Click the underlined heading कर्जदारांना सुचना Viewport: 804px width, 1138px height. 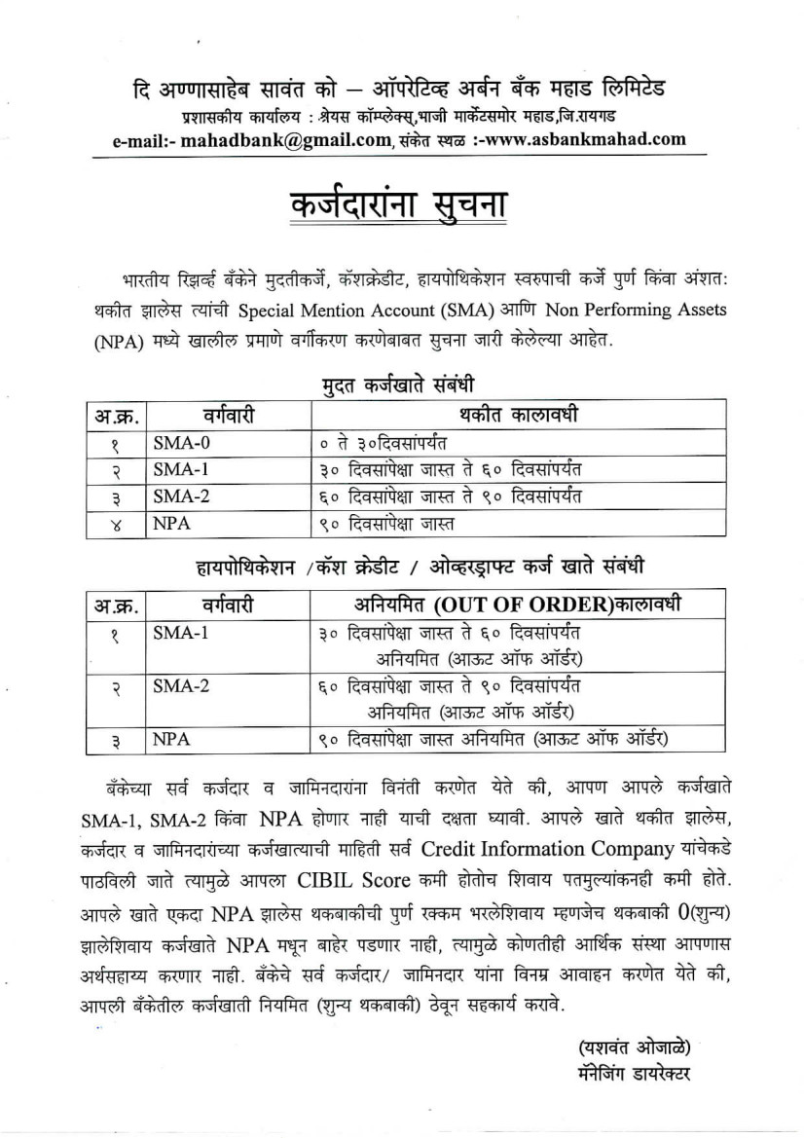tap(399, 206)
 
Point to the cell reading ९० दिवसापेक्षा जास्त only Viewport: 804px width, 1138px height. tap(387, 524)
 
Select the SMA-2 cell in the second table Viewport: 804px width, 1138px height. tap(180, 685)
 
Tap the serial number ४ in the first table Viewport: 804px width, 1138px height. tap(116, 524)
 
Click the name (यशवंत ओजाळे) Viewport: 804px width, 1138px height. tap(635, 1048)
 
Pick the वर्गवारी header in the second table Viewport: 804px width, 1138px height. tap(229, 605)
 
